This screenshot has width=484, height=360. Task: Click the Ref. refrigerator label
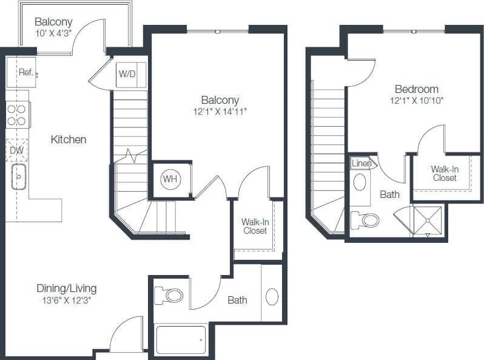pyautogui.click(x=25, y=72)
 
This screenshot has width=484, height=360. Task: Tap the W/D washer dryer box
pyautogui.click(x=127, y=75)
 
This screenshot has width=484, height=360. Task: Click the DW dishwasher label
pyautogui.click(x=16, y=149)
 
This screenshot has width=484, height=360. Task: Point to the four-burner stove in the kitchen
pyautogui.click(x=18, y=115)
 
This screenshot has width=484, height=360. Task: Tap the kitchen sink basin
pyautogui.click(x=19, y=177)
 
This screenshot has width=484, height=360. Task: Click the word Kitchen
pyautogui.click(x=68, y=140)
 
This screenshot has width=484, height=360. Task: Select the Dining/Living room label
pyautogui.click(x=66, y=288)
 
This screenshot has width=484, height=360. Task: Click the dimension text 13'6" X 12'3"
pyautogui.click(x=66, y=299)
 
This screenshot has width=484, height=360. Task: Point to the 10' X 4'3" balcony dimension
pyautogui.click(x=53, y=33)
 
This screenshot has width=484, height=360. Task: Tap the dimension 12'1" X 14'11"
pyautogui.click(x=220, y=111)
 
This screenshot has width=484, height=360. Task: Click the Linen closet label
pyautogui.click(x=361, y=163)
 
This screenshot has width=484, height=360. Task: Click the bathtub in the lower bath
pyautogui.click(x=181, y=340)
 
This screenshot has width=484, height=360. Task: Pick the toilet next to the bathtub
pyautogui.click(x=169, y=296)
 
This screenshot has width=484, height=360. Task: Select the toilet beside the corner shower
pyautogui.click(x=366, y=220)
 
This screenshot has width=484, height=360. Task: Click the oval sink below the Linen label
pyautogui.click(x=360, y=182)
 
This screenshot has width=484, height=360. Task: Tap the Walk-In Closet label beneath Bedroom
pyautogui.click(x=445, y=174)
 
